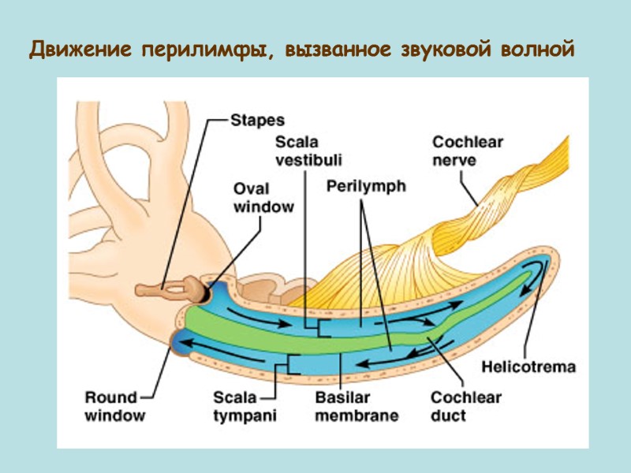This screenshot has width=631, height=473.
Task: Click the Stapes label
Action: (257, 121)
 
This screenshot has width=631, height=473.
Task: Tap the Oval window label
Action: (263, 197)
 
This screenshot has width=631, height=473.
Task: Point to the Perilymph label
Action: (366, 187)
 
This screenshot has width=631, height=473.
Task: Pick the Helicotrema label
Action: (528, 367)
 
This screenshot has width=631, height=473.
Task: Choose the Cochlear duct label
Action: (465, 406)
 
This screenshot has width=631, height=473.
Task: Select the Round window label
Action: (111, 406)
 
